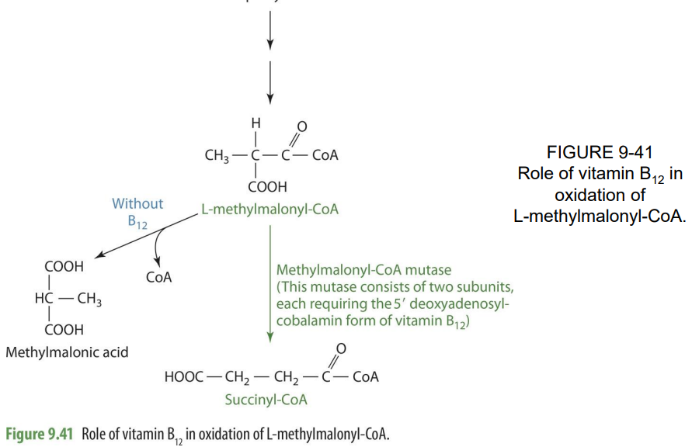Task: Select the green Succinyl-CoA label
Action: [266, 400]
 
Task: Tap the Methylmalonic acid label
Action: [67, 352]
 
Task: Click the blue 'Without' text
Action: [137, 204]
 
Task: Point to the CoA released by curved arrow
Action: [158, 276]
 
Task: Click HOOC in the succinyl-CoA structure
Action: [183, 378]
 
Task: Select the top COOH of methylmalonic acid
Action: [64, 266]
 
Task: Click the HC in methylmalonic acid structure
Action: [44, 298]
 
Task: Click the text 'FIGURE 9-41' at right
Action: [600, 153]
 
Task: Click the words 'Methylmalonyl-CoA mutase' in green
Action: [363, 270]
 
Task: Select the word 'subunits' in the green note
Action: [480, 287]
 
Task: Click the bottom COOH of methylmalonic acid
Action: [64, 330]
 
